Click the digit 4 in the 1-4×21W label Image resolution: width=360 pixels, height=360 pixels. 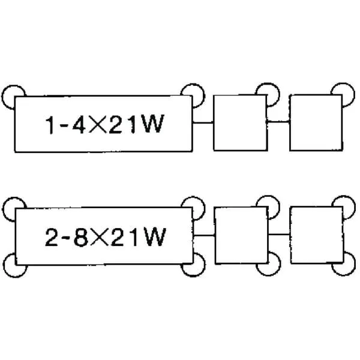79,124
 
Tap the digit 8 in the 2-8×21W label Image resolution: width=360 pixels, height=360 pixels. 81,238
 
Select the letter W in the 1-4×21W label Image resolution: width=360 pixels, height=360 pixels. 152,124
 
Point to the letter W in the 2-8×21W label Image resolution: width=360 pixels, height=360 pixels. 154,237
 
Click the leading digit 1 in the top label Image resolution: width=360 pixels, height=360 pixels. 50,125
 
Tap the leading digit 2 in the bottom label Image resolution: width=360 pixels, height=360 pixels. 52,238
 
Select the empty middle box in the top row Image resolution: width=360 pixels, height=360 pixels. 241,123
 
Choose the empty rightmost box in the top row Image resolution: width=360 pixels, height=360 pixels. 316,122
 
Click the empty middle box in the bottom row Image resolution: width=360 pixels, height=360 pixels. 242,235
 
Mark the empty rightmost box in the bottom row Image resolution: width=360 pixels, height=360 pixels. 317,235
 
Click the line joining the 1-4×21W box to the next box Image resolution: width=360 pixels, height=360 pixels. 203,122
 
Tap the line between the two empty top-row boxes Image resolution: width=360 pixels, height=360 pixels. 278,122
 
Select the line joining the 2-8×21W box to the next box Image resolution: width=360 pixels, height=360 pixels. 204,235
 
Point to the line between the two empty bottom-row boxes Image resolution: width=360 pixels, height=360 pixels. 280,235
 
